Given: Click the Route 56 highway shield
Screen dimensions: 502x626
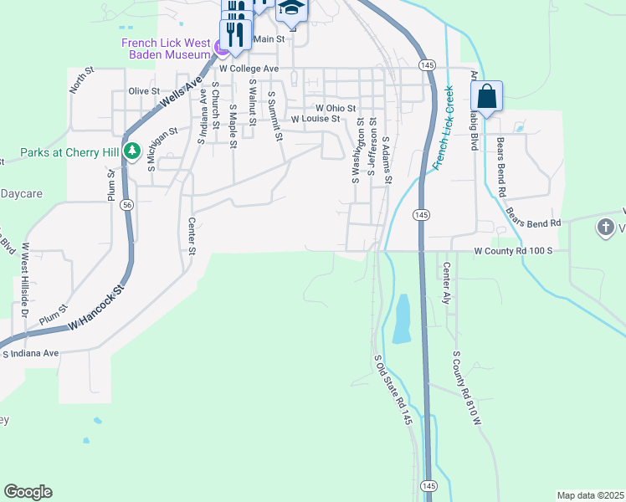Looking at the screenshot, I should point(126,204).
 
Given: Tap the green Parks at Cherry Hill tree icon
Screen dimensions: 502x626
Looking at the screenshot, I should point(131,151).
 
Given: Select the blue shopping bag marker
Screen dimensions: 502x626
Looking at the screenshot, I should point(488,97).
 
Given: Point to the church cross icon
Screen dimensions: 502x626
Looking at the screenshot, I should point(606,227).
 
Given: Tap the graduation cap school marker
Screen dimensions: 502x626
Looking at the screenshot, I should point(292,8).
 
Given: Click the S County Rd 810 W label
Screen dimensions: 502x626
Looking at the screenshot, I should point(468,387).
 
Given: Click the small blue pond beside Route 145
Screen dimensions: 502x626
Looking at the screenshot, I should point(402,319).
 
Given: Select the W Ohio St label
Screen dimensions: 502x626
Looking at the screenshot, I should point(336,109).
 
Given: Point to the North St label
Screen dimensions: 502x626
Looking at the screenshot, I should point(79,82).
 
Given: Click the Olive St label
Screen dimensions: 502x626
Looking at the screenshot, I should point(144,91).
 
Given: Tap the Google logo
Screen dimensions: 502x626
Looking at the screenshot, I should point(28,492).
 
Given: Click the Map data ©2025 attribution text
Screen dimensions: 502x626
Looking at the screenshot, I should point(590,495).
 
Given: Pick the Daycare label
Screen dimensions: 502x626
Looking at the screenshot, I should point(21,193).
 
